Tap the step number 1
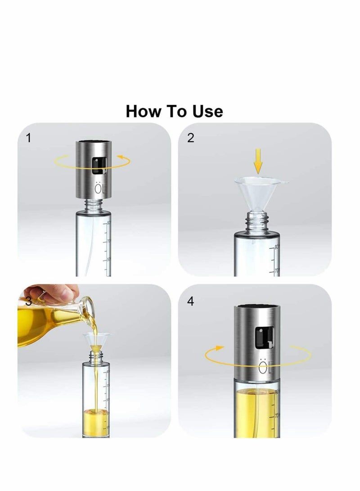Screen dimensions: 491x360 tap(29, 138)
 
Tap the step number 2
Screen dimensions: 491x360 tap(190, 138)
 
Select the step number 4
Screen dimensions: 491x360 tap(190, 301)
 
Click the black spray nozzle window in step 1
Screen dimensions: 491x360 tap(96, 167)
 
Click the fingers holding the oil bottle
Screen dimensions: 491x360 tap(58, 293)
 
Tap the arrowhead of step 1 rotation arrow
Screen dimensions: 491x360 tap(120, 157)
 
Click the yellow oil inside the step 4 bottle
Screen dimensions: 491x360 tap(256, 410)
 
